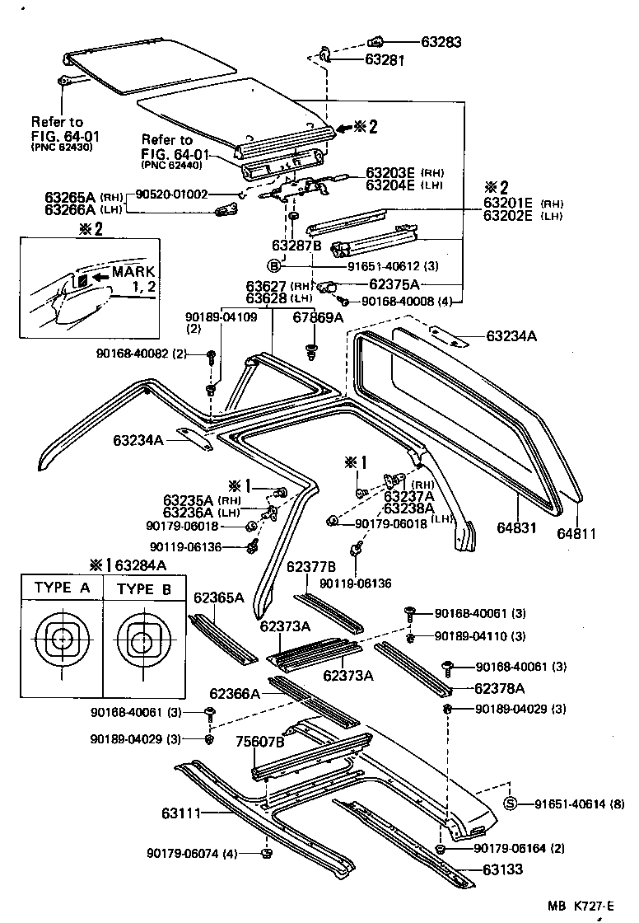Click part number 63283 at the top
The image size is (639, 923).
(x=441, y=41)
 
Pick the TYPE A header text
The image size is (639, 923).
(x=62, y=588)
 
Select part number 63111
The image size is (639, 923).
(x=182, y=813)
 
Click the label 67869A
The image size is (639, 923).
(x=318, y=316)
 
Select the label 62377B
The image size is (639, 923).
(x=311, y=566)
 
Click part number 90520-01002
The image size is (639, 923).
(x=174, y=194)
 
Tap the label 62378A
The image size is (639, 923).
(x=499, y=687)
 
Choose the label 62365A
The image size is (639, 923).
(x=218, y=597)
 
